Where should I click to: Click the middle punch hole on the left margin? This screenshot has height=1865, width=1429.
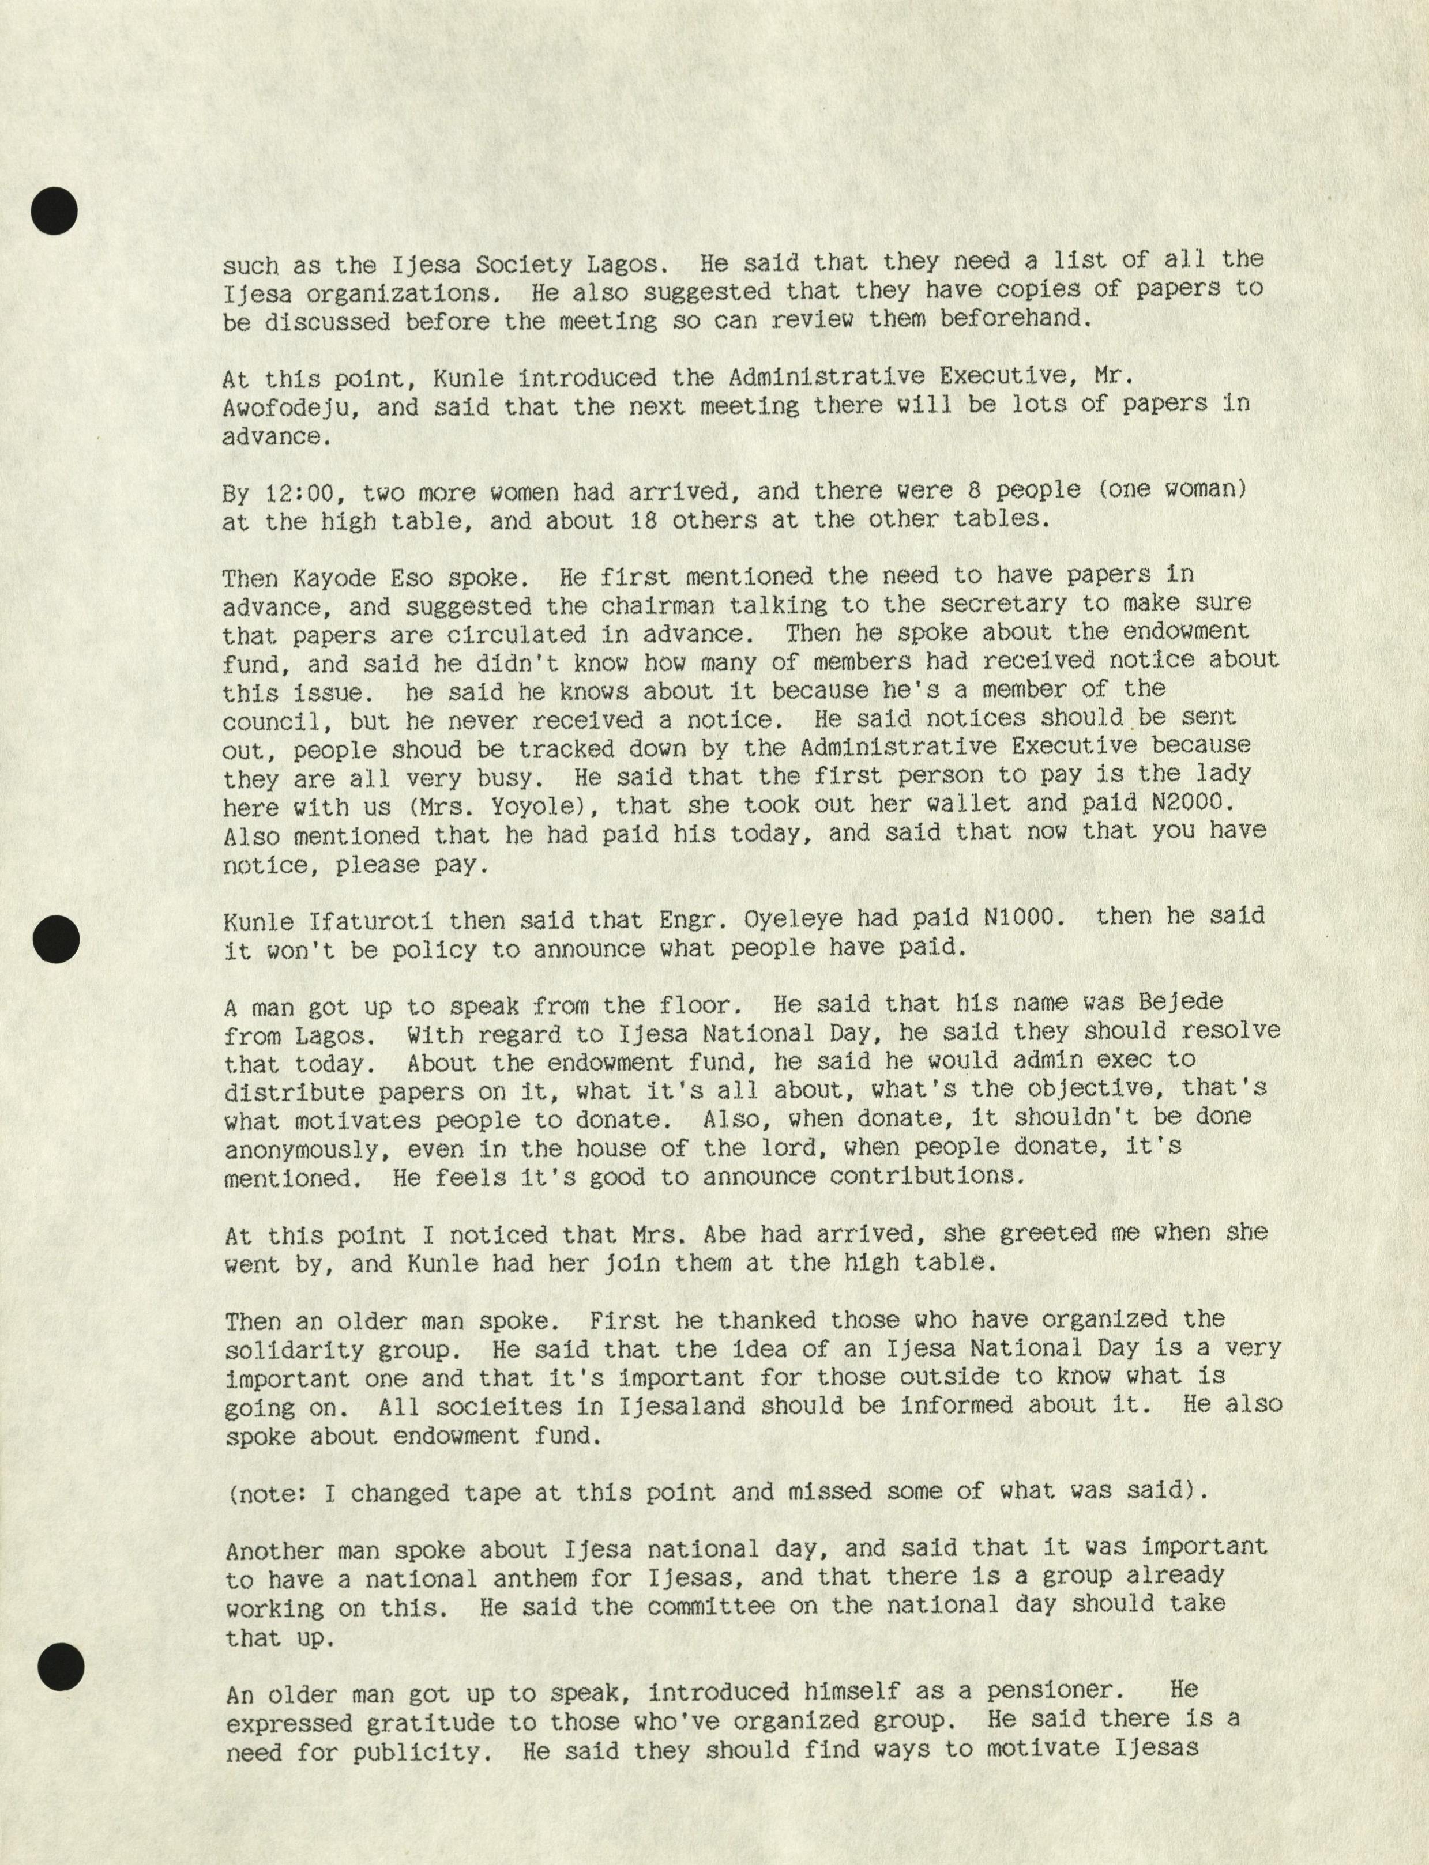(56, 940)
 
